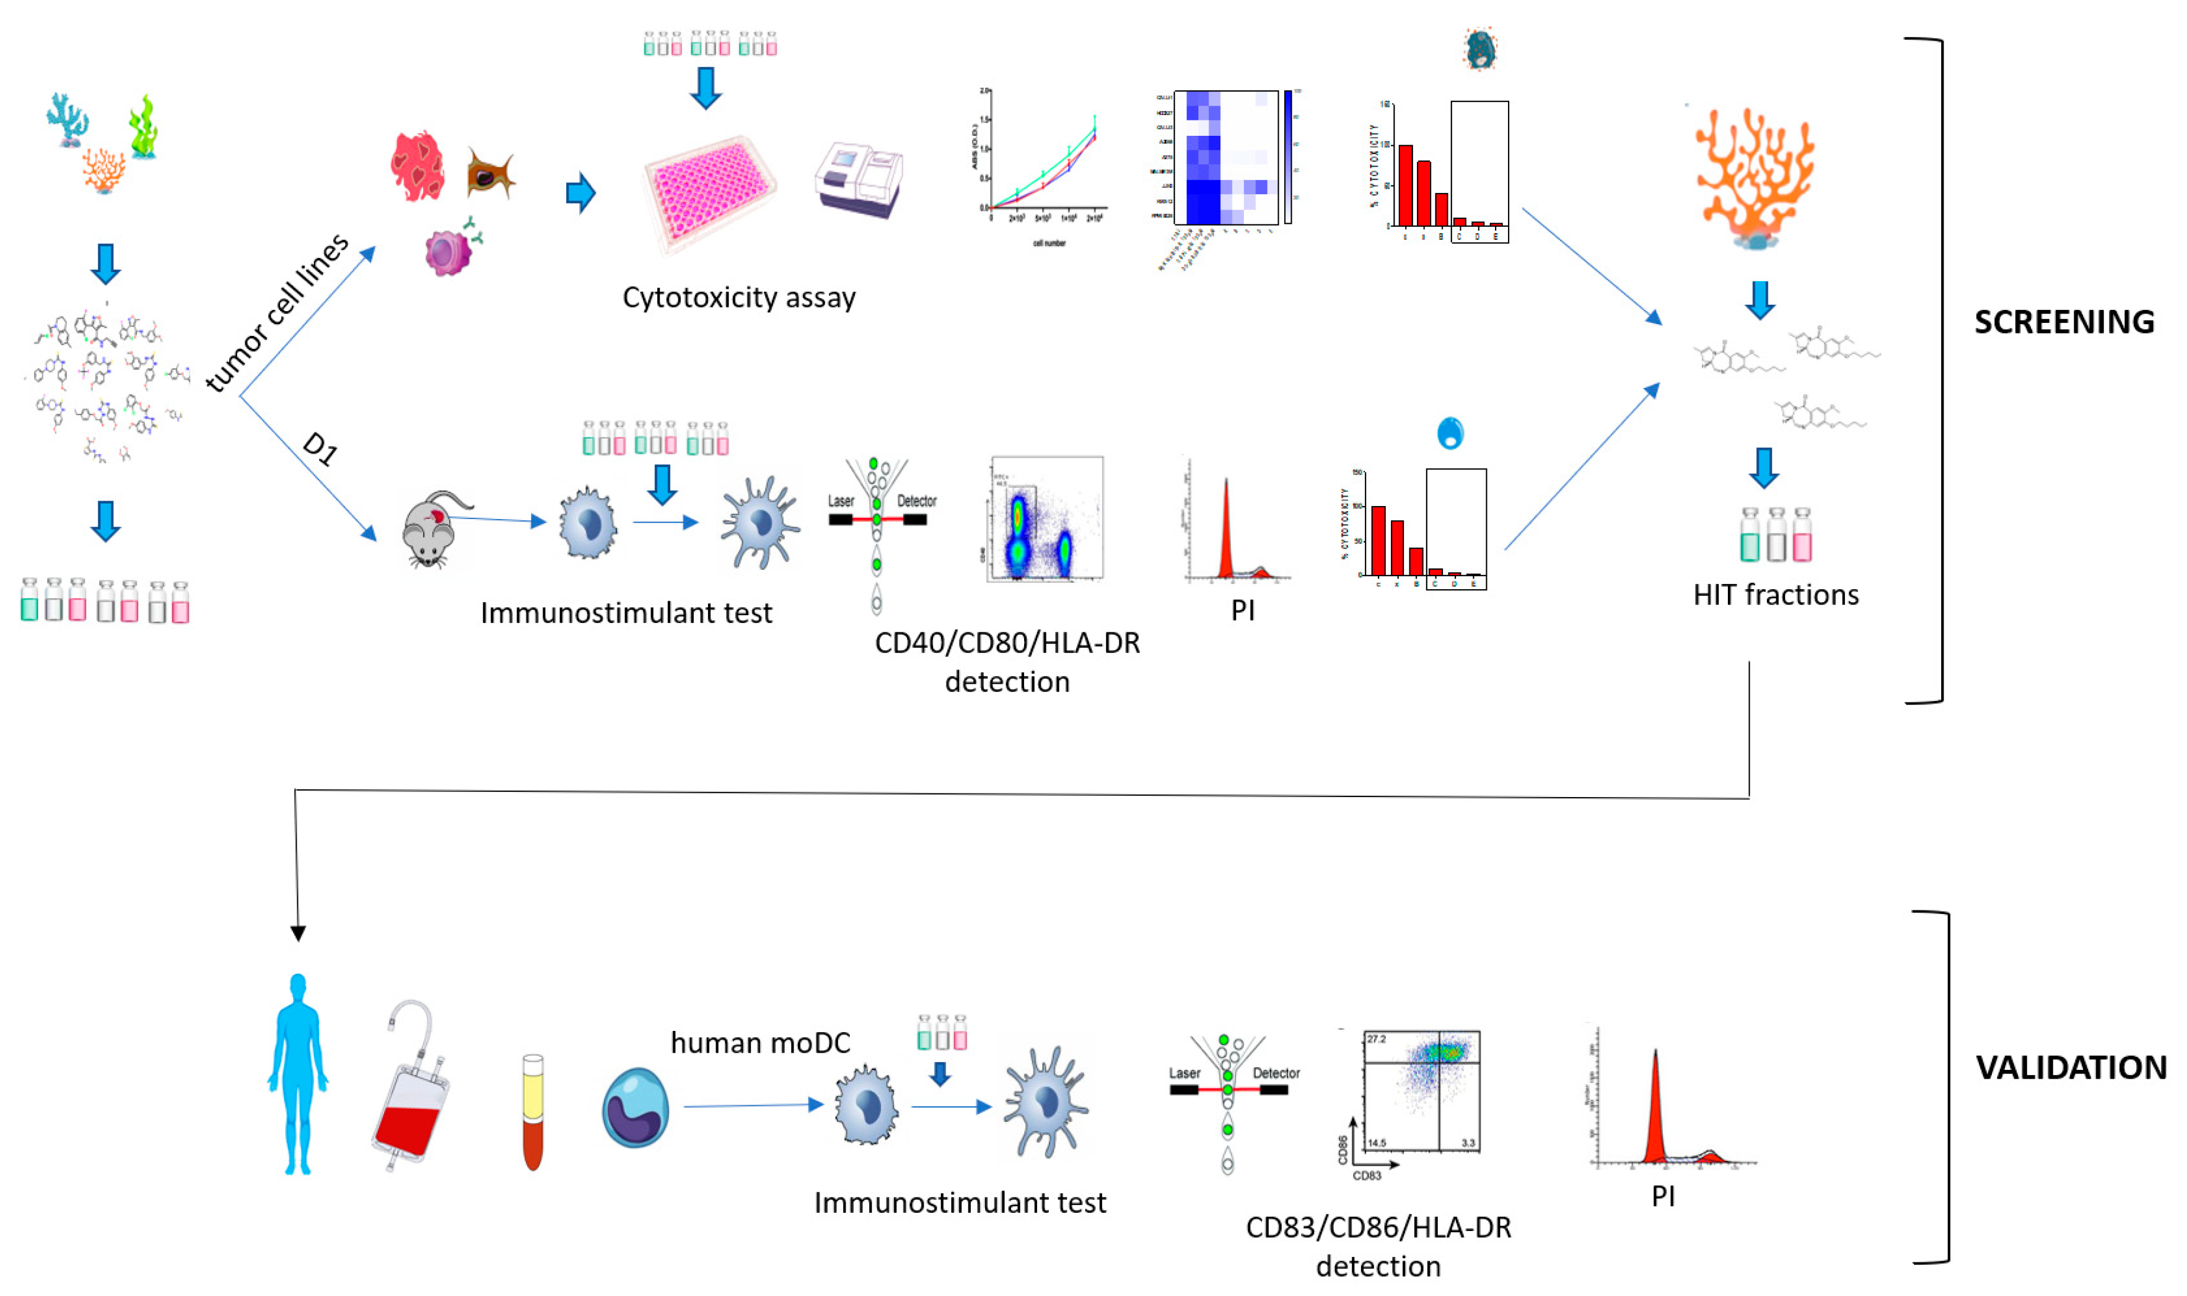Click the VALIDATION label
point(2070,1067)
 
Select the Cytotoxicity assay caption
point(738,298)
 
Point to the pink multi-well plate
point(710,192)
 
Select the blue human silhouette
point(298,1074)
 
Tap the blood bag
point(409,1087)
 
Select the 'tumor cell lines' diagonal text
point(277,313)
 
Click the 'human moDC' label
point(759,1043)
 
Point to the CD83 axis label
point(1367,1176)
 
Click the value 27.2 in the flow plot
point(1376,1039)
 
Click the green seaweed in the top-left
point(143,126)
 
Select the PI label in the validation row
point(1663,1196)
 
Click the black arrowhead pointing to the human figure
point(298,933)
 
